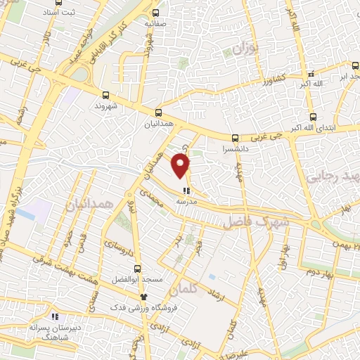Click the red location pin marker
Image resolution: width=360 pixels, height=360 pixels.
[181, 166]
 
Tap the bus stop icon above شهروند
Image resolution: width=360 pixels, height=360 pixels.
[106, 95]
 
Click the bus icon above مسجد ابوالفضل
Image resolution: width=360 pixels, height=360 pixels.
[138, 269]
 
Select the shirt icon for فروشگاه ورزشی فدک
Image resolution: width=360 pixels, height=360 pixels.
[143, 297]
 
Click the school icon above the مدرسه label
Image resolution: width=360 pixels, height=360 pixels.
[186, 190]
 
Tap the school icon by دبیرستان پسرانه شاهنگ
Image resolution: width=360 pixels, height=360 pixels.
[55, 318]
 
